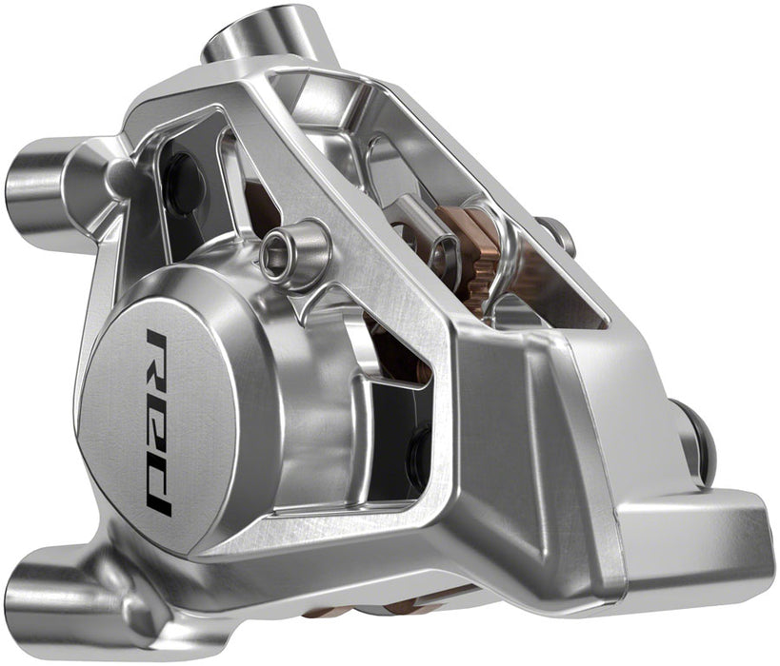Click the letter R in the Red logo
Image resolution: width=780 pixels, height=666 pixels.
pyautogui.click(x=158, y=353)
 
